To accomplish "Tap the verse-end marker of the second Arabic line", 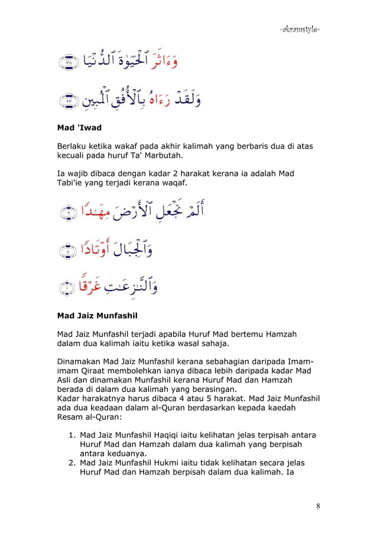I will (68, 102).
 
